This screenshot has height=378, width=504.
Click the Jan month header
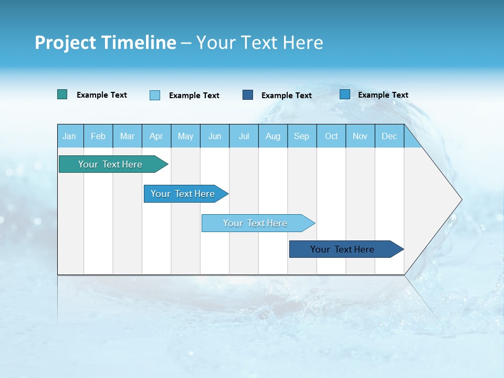pos(69,136)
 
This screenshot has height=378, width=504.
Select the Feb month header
pos(98,136)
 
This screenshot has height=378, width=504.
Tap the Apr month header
pos(156,136)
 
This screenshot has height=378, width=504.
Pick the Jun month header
pos(215,136)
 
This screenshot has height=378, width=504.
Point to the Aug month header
pos(273,136)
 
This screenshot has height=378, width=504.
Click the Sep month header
pos(302,136)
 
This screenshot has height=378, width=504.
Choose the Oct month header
pos(331,136)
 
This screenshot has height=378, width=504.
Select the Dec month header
pos(390,136)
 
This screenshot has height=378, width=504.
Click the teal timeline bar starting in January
pos(110,164)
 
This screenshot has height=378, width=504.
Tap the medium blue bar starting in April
pos(183,194)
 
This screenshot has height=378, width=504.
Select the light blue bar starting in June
pos(255,223)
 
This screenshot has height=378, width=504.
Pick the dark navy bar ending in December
pos(342,249)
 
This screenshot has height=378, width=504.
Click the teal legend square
pos(62,94)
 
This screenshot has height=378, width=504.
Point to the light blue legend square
pos(155,95)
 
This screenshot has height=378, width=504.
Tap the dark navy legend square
pos(248,94)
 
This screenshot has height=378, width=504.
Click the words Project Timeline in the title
pos(106,43)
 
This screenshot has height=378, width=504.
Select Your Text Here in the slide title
pos(260,43)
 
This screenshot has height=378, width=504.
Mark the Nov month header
pos(360,136)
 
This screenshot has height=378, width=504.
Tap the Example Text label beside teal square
pos(102,95)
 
